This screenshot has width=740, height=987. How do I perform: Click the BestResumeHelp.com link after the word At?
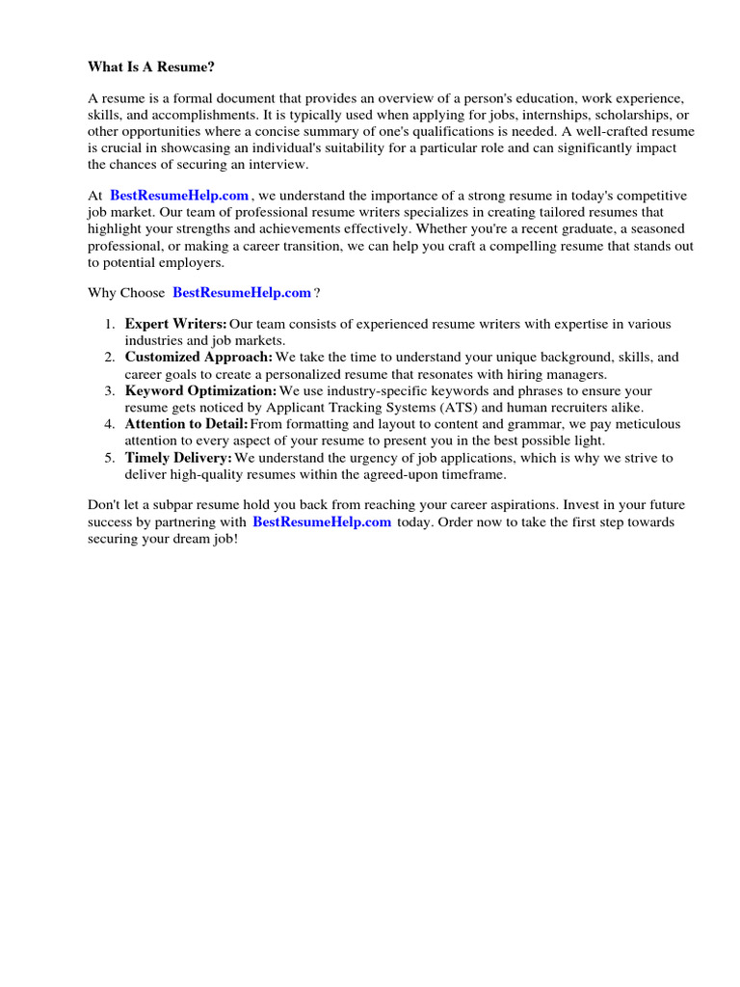(179, 196)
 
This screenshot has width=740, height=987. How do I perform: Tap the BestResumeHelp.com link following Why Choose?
(242, 293)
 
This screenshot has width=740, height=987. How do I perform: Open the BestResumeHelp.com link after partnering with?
(322, 522)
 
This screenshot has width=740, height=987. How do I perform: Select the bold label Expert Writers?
(175, 324)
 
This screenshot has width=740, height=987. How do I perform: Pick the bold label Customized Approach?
(198, 358)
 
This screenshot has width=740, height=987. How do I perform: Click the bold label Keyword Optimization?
(200, 391)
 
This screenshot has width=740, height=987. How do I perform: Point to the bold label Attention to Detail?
(186, 425)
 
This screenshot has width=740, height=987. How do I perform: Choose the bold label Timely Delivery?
(178, 458)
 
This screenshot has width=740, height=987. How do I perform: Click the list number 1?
(110, 325)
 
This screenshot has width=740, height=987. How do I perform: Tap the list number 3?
(110, 391)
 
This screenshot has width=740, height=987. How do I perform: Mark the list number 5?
(110, 458)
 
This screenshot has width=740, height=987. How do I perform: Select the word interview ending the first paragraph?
(278, 164)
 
